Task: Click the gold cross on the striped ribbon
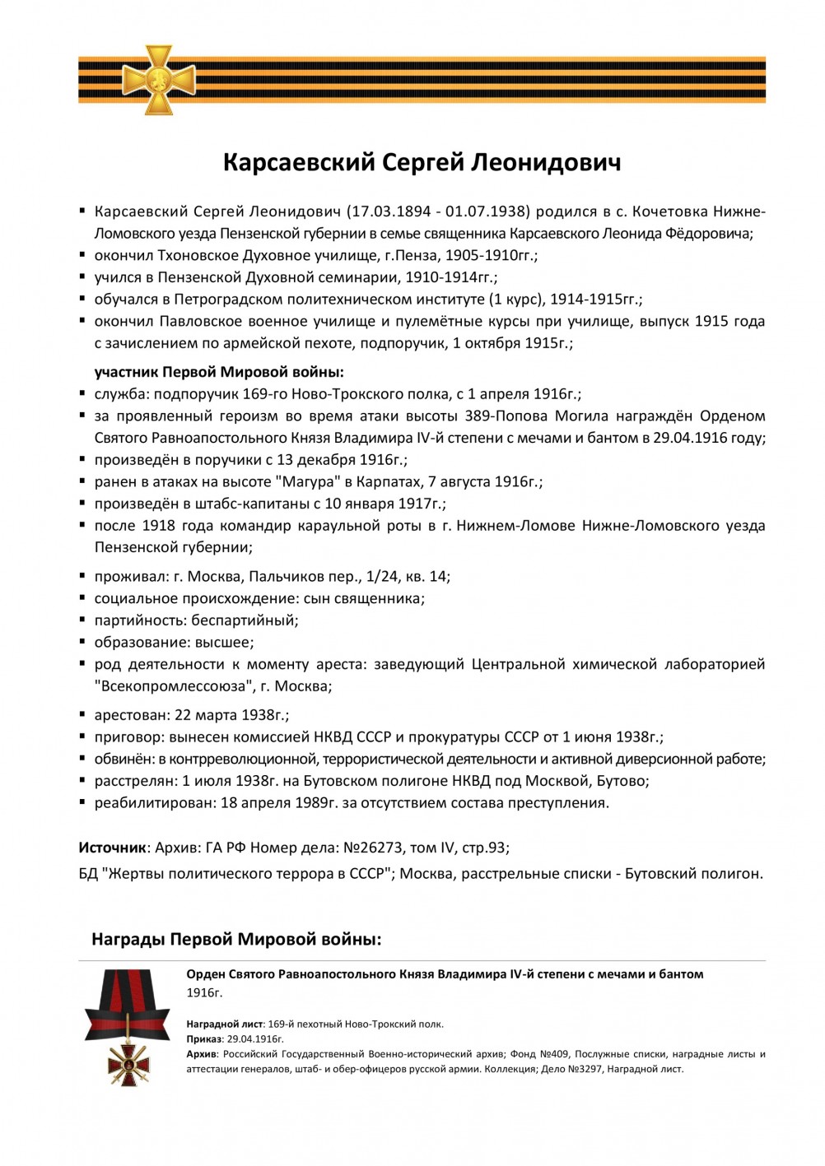(159, 80)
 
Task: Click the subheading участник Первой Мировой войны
(219, 372)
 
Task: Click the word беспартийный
(245, 620)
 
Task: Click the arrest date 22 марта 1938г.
(231, 715)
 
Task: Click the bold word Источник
(112, 848)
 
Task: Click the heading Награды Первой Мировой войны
(236, 940)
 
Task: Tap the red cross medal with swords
(128, 1061)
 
